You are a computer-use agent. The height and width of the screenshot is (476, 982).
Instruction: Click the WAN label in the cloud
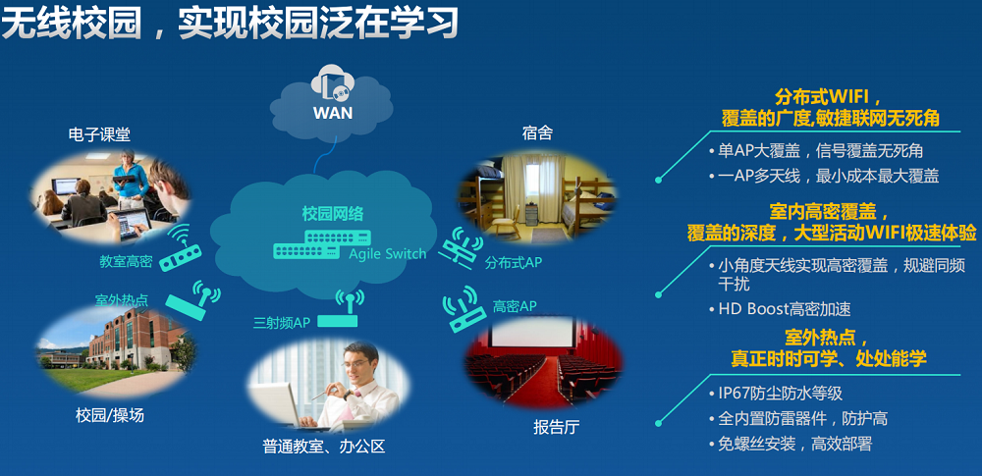(333, 113)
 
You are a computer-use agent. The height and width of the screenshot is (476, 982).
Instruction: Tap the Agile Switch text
(387, 253)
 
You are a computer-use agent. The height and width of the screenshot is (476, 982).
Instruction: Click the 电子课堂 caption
(99, 134)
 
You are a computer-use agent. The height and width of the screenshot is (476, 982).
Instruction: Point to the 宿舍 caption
(537, 133)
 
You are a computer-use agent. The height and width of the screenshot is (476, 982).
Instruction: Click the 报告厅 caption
(556, 428)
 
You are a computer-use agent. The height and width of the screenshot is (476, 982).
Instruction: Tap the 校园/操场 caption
(110, 415)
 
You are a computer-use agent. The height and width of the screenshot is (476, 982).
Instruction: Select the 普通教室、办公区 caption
(323, 447)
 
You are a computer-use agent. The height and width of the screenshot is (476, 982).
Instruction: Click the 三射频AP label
(282, 323)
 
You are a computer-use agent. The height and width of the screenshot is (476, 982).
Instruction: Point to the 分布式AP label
(513, 263)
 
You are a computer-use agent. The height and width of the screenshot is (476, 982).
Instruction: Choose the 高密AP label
(515, 306)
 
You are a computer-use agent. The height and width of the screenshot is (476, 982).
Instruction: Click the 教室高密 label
(126, 261)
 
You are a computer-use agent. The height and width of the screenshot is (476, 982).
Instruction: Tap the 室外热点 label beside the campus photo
(122, 300)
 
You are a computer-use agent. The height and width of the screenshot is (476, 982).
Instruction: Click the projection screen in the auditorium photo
(533, 333)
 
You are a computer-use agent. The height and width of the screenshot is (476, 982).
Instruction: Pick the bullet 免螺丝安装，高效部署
(794, 444)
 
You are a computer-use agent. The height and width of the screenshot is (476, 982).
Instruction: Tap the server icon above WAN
(333, 84)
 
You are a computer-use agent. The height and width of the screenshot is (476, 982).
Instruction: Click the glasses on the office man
(355, 363)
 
